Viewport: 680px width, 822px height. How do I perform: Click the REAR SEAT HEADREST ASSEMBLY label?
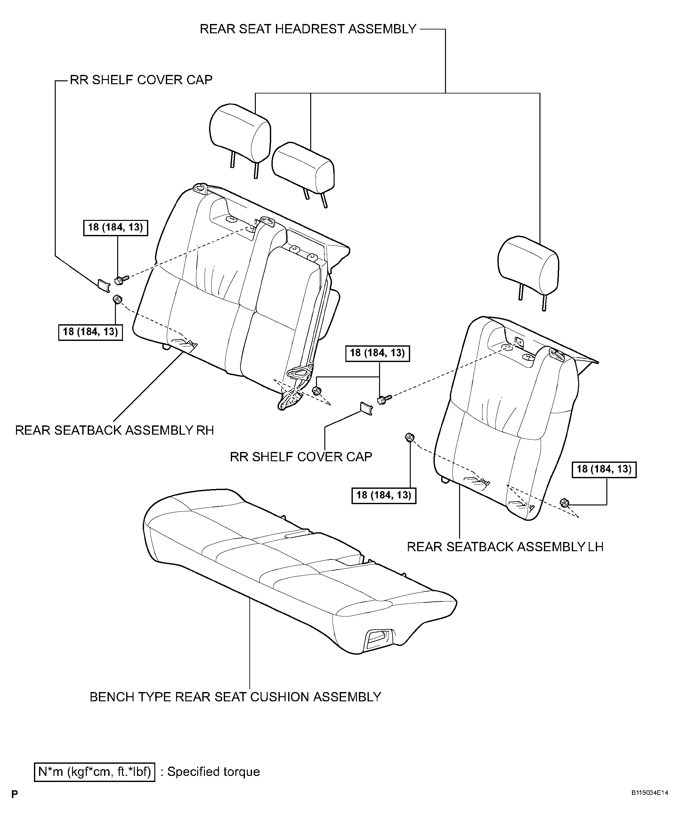(308, 29)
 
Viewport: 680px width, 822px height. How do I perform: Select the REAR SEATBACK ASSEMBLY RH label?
(114, 430)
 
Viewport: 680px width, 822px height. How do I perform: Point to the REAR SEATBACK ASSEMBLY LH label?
(505, 546)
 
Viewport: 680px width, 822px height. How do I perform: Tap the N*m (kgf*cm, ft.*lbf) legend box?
(95, 782)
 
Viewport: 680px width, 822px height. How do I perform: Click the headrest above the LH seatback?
(529, 270)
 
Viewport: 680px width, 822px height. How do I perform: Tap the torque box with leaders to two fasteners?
(377, 353)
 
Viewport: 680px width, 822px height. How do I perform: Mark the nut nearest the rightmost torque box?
(564, 503)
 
